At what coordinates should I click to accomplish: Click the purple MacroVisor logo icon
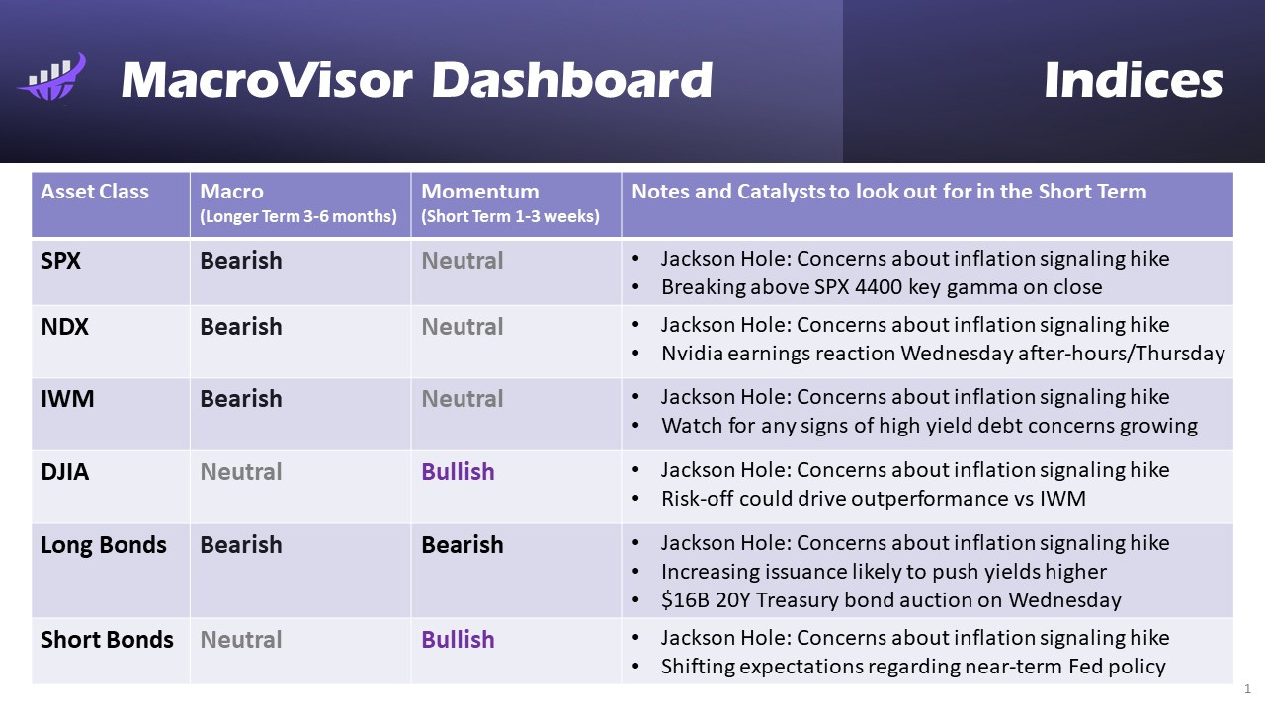click(52, 77)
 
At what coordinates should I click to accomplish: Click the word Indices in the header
click(1133, 80)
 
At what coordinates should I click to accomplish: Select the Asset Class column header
click(95, 192)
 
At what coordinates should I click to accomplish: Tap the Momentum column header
click(480, 192)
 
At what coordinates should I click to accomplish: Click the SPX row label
click(61, 261)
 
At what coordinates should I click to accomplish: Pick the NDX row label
click(64, 327)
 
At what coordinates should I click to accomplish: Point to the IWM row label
click(65, 399)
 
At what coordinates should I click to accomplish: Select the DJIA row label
click(65, 472)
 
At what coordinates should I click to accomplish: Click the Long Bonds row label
click(104, 545)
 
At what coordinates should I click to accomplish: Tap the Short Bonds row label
click(107, 640)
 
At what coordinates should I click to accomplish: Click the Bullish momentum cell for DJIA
click(458, 472)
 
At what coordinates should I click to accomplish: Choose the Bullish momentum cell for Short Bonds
click(458, 640)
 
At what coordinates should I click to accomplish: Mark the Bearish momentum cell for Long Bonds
click(463, 545)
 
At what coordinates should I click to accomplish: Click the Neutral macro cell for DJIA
click(241, 472)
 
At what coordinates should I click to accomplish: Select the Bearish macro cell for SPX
click(241, 261)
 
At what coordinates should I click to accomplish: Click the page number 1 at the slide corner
click(1247, 689)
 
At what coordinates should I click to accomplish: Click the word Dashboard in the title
click(571, 80)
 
